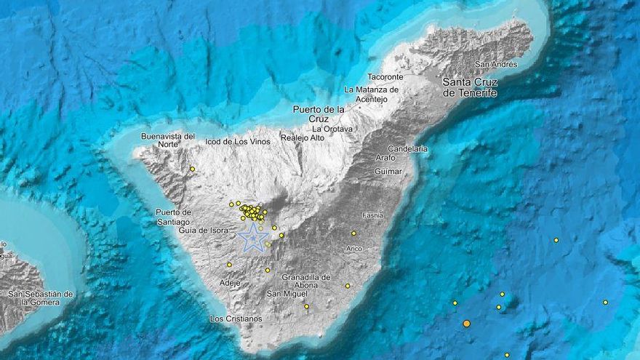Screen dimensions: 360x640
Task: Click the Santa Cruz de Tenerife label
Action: (x=471, y=87)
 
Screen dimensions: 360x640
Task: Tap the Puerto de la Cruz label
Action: (x=319, y=113)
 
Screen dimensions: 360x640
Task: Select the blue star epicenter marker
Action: (x=252, y=237)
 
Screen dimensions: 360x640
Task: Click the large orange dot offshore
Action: (x=466, y=323)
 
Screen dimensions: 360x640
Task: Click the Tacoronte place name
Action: (x=385, y=76)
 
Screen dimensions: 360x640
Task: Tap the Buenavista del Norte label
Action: (x=168, y=140)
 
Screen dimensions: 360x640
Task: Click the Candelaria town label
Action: (x=409, y=148)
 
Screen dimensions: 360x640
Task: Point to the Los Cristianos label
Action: (x=236, y=319)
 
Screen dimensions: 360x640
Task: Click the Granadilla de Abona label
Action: (x=306, y=281)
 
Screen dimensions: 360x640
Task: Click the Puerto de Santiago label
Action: (x=172, y=217)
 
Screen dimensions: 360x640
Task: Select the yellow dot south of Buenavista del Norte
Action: (x=193, y=169)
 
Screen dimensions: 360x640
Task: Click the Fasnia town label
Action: (x=372, y=215)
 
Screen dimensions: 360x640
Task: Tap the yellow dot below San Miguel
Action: (x=306, y=306)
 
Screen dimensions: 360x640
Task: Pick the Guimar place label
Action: (x=388, y=171)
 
